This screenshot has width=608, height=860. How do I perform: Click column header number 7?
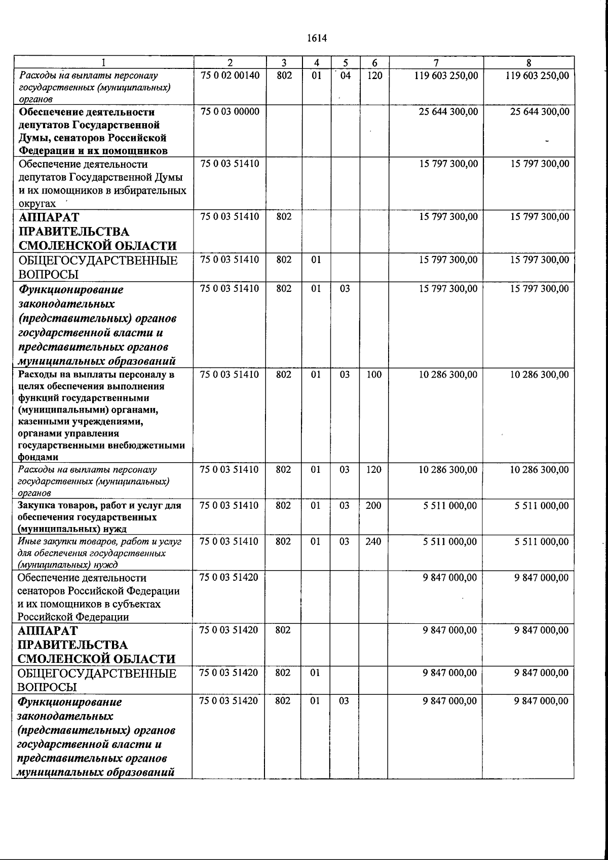436,63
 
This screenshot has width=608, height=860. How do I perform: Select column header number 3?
284,63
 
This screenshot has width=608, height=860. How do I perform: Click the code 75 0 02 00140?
230,76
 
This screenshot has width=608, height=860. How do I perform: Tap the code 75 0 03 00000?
230,111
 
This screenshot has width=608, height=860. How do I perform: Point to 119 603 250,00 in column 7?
446,76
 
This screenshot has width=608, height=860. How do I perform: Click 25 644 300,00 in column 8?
539,111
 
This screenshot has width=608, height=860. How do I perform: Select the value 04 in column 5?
345,76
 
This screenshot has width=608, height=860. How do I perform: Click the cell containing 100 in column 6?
374,375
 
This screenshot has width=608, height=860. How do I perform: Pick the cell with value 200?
373,505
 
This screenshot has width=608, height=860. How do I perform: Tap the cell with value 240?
373,541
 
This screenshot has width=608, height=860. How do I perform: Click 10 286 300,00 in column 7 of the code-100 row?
448,375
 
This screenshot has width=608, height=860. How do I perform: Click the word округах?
37,204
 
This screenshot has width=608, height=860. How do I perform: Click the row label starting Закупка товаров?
99,517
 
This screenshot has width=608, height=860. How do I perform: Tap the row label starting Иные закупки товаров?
99,553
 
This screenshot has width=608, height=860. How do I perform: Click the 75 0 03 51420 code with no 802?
229,578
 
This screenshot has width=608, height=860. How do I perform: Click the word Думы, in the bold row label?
34,138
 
